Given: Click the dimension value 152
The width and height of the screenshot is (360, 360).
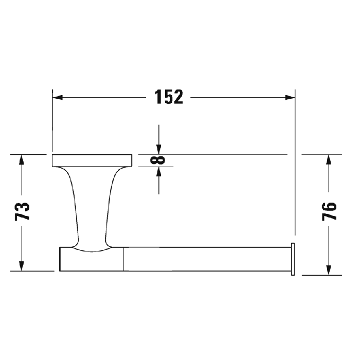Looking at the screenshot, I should click(x=169, y=97).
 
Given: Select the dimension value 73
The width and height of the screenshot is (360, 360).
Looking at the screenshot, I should click(x=22, y=212).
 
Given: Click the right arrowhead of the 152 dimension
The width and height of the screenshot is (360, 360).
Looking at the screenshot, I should click(x=289, y=97).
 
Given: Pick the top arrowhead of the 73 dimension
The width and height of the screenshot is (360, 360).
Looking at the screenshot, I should click(x=21, y=159).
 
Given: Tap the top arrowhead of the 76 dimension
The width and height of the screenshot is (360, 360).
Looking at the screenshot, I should click(x=328, y=159).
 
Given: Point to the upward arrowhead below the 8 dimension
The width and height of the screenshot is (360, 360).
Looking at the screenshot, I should click(x=159, y=172).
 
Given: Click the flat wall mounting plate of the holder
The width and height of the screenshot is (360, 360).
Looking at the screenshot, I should click(x=92, y=160).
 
